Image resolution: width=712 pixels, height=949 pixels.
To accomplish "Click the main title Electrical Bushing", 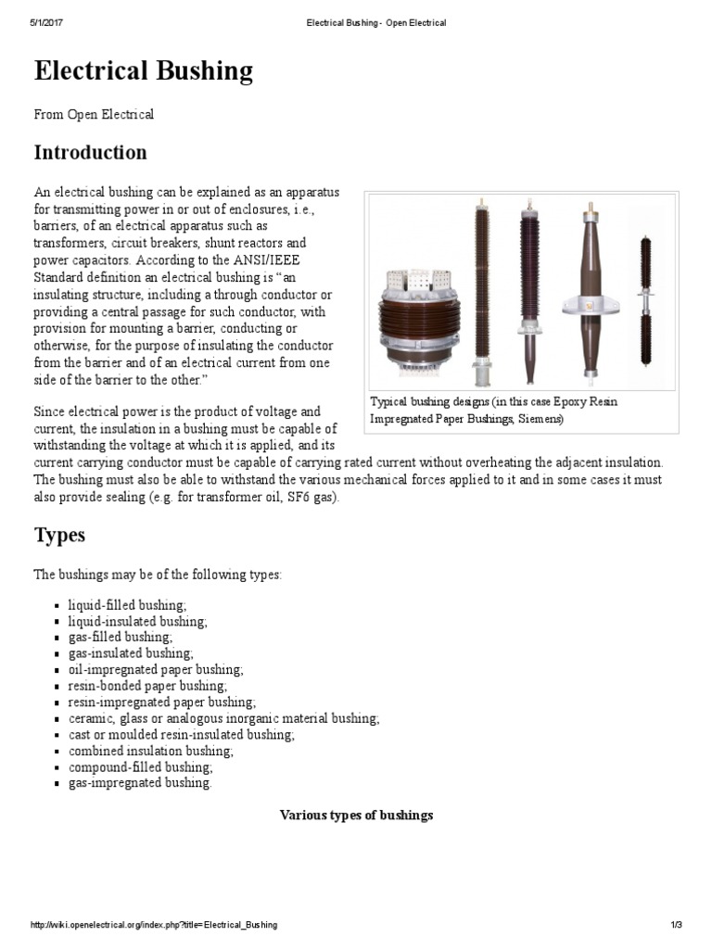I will pyautogui.click(x=143, y=71).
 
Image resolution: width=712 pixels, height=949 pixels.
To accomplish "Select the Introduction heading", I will pyautogui.click(x=90, y=152).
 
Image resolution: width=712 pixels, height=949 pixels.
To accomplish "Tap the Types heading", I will pyautogui.click(x=59, y=535).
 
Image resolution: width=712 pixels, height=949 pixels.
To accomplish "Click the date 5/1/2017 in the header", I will pyautogui.click(x=47, y=22).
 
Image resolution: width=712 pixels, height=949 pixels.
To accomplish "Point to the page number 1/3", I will pyautogui.click(x=676, y=925).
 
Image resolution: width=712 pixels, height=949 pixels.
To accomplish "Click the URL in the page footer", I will pyautogui.click(x=154, y=925).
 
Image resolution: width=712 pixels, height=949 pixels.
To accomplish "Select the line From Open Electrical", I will pyautogui.click(x=94, y=115).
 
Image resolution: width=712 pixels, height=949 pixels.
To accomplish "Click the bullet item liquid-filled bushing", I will pyautogui.click(x=127, y=604).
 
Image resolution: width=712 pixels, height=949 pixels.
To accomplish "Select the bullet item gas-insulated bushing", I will pyautogui.click(x=131, y=653).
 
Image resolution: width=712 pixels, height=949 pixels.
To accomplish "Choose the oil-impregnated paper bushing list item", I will pyautogui.click(x=156, y=669).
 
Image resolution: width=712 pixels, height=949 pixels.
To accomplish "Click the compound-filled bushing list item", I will pyautogui.click(x=140, y=767).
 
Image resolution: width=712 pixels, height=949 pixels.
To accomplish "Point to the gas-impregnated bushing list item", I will pyautogui.click(x=140, y=783).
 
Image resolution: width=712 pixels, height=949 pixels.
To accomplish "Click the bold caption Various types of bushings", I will pyautogui.click(x=356, y=816).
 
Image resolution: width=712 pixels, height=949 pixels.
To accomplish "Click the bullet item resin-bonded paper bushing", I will pyautogui.click(x=147, y=686).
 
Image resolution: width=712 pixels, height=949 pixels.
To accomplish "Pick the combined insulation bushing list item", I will pyautogui.click(x=150, y=751).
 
